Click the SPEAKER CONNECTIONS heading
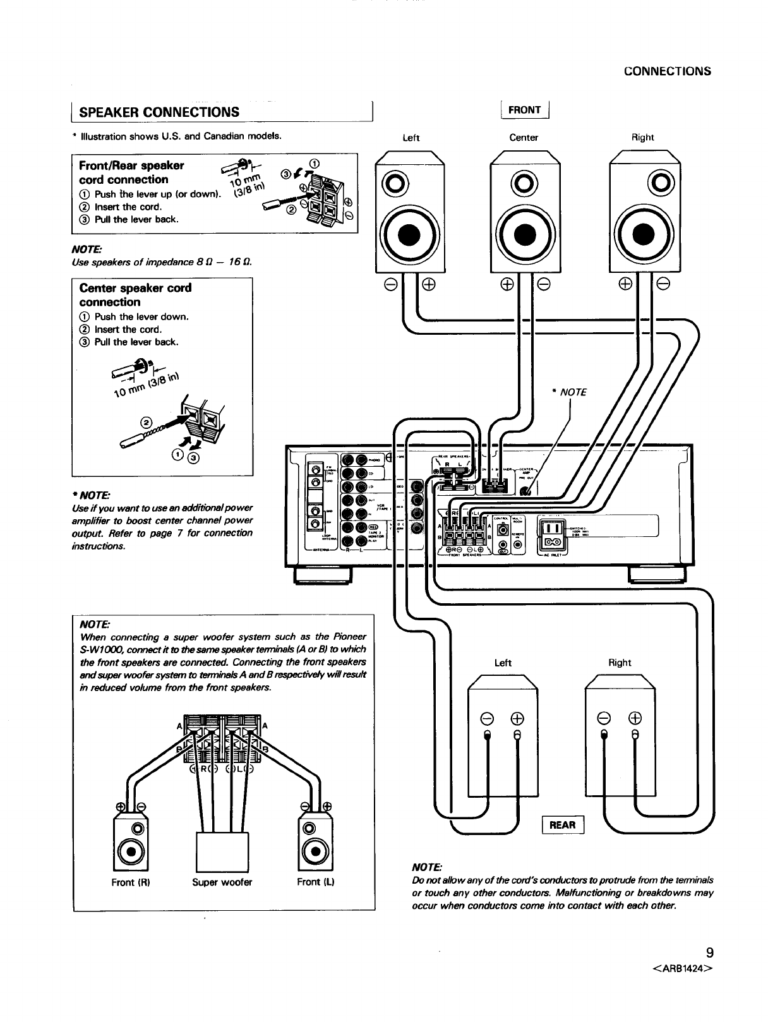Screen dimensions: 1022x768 click(159, 112)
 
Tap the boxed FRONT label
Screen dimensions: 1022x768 click(524, 110)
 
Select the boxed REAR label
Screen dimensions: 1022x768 click(562, 825)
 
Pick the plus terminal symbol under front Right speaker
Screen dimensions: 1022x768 click(627, 284)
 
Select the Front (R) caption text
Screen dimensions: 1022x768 click(131, 882)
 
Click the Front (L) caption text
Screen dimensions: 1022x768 click(315, 882)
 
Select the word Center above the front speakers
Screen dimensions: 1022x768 click(524, 138)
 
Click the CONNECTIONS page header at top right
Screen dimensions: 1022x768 click(667, 71)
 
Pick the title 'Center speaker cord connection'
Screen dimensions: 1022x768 click(135, 295)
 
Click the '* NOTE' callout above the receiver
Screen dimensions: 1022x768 click(569, 392)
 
